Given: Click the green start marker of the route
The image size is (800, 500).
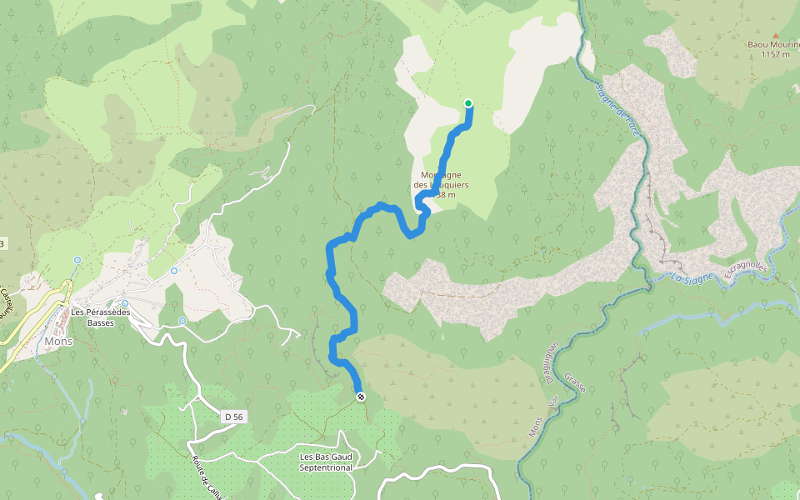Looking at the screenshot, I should coord(468,103).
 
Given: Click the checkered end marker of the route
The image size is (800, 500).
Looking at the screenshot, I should coord(360,397).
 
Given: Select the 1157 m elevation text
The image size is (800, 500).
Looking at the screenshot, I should coord(774,54).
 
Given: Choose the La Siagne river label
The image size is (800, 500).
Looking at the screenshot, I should coord(690,278).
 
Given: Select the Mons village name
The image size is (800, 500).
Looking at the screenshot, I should coord(59,342).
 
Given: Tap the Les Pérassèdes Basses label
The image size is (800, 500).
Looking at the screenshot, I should coord(102,317).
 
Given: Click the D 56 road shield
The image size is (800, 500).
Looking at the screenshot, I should coord(235,416).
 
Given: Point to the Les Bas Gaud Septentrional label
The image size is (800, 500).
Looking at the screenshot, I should coord(326,462).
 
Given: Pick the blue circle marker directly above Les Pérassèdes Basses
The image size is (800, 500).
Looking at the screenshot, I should coord(125,303).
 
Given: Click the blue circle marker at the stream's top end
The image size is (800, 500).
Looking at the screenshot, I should coord(77,260).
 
